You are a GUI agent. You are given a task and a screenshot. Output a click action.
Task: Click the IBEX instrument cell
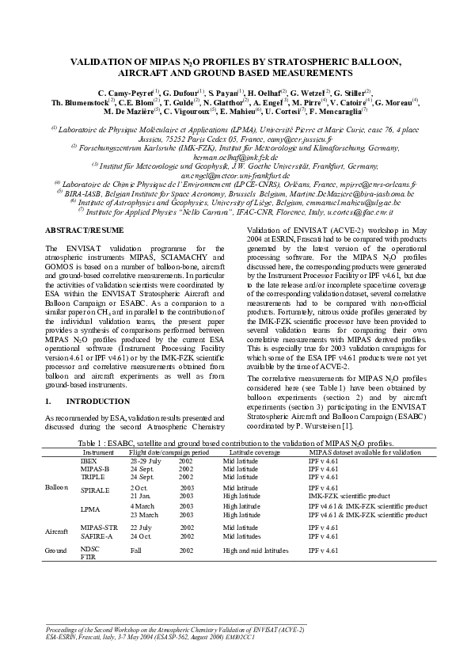[89, 460]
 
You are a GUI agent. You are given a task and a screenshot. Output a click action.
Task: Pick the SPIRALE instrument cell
[95, 491]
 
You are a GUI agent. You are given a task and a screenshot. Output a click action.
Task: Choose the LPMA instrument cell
[90, 510]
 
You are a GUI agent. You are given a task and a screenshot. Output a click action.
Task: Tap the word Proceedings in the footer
[67, 628]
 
